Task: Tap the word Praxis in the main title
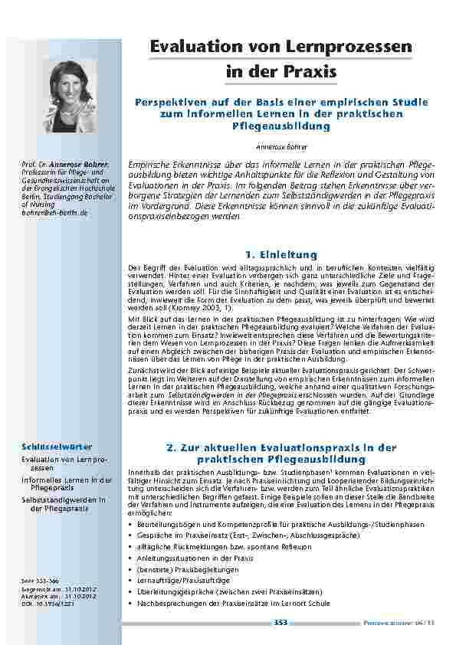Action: point(311,73)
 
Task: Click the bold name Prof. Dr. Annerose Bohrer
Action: point(65,165)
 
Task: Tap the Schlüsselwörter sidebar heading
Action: point(47,446)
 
